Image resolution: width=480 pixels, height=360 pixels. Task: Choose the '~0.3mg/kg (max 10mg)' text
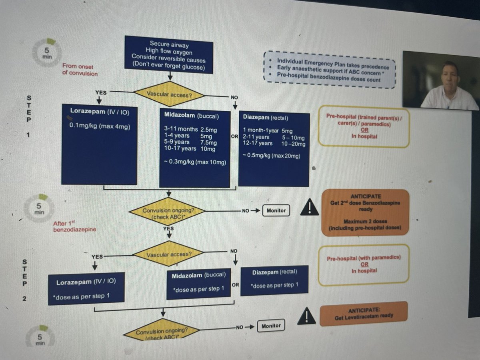(x=195, y=162)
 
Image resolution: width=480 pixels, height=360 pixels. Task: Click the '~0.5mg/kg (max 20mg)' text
(x=272, y=155)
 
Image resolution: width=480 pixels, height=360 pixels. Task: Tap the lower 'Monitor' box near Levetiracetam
(x=271, y=326)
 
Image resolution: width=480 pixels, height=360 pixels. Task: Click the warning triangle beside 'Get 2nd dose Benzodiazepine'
(x=309, y=208)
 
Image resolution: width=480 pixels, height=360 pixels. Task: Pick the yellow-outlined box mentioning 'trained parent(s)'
(x=363, y=126)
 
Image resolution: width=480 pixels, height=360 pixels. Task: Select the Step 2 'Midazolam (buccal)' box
(x=199, y=284)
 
